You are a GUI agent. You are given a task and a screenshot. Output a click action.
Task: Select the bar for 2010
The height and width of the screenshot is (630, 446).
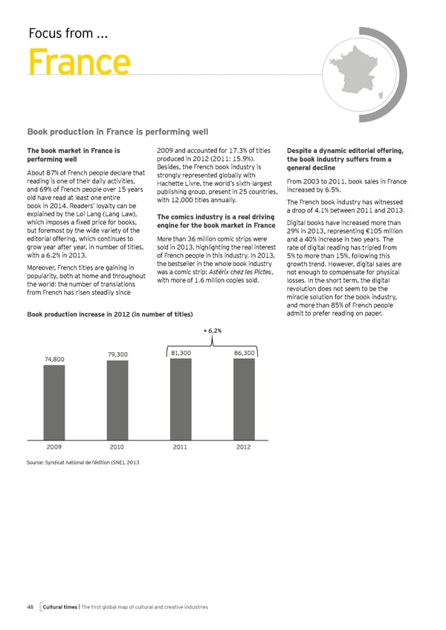click(x=117, y=401)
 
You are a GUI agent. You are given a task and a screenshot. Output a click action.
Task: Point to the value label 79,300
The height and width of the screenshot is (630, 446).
click(x=117, y=354)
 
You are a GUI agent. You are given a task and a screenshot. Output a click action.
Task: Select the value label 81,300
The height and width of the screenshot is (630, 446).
click(x=182, y=352)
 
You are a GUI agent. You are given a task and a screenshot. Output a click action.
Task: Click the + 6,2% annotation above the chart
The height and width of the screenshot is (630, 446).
click(x=213, y=330)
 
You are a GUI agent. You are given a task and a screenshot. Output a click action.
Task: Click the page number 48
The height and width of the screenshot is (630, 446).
click(x=30, y=607)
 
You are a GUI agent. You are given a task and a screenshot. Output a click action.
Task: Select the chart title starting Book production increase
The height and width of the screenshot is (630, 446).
click(x=110, y=315)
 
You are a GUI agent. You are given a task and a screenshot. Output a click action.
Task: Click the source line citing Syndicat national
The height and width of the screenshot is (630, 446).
click(x=83, y=463)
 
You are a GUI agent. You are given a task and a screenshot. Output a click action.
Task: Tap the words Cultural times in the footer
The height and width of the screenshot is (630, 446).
click(x=62, y=607)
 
